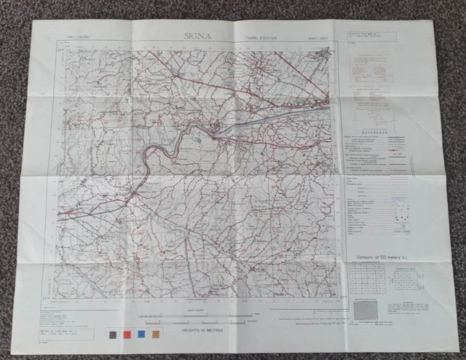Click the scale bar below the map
click(x=197, y=316)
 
